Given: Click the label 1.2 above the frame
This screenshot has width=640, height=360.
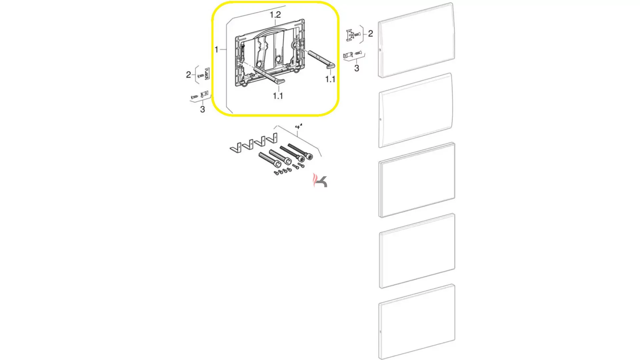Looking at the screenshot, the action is pos(275,15).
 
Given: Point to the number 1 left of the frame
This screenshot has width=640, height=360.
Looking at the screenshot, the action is pos(216,50).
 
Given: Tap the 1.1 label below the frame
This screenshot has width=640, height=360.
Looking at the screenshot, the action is pos(278,96).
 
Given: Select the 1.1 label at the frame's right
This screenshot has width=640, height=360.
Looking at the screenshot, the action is pos(330,79).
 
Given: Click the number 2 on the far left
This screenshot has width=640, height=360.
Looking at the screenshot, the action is pos(188,75).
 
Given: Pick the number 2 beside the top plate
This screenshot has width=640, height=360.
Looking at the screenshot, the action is pos(370,33).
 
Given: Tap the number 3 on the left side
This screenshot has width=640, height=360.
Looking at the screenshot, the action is pos(202,109).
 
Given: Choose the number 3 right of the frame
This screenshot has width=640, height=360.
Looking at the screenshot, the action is pos(357,68).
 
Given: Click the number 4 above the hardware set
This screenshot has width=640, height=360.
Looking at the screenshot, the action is pos(298,127).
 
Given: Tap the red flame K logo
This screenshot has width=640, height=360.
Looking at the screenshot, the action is pos(320,180).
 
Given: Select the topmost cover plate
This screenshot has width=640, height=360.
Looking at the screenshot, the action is pos(416,40).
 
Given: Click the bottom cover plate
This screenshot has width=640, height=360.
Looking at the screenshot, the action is pos(417,322).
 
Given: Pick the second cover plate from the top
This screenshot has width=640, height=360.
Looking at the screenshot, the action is pos(416,110).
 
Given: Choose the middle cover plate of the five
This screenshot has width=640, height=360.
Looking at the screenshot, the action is pos(417,180).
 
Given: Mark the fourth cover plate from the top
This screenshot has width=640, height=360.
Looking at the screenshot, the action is pos(417,251).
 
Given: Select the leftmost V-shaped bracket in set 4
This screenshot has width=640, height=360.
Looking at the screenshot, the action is pos(236,148).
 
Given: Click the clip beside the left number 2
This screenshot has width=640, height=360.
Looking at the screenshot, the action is pos(207,74).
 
